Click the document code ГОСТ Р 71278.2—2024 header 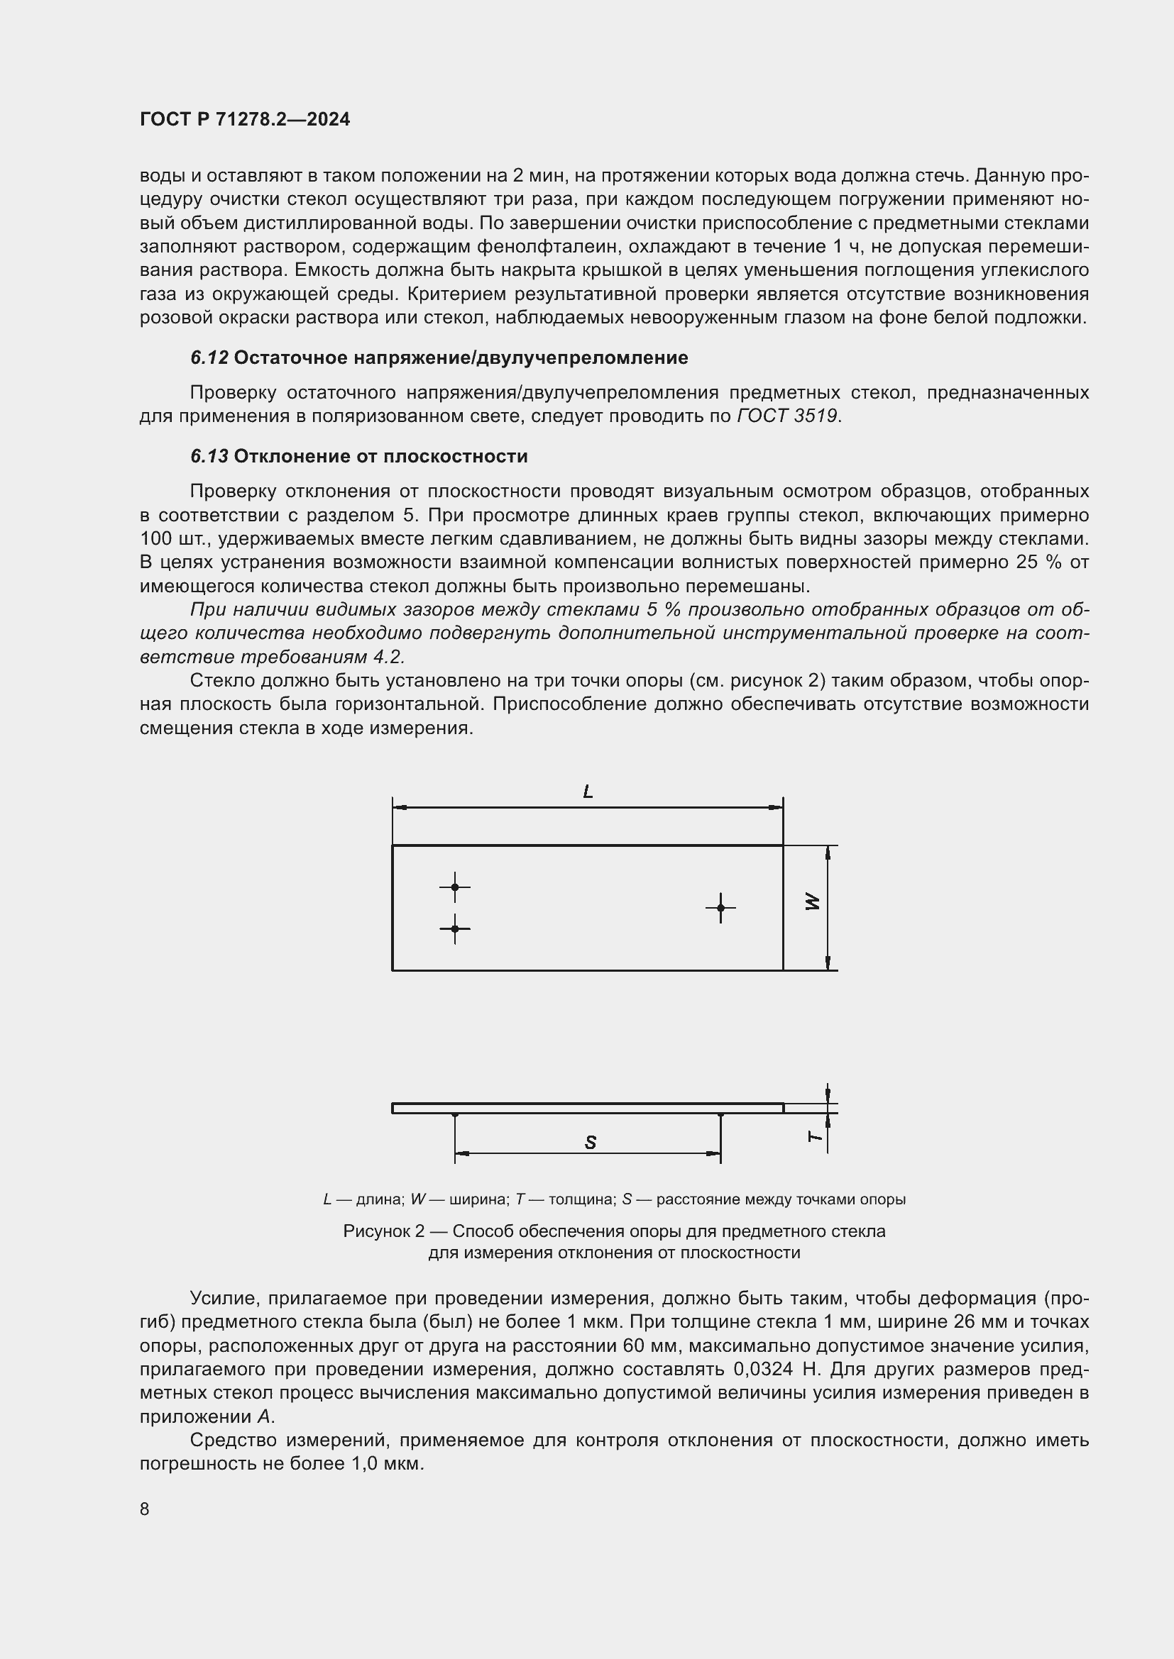(x=244, y=119)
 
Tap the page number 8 (x=145, y=1509)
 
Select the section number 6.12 (x=209, y=357)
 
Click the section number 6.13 (x=209, y=456)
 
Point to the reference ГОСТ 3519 (x=787, y=416)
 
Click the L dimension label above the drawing (x=588, y=792)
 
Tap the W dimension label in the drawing (x=813, y=901)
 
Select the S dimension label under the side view (x=590, y=1143)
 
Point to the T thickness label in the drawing (x=815, y=1136)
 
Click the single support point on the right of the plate (x=720, y=908)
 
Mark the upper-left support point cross (x=455, y=887)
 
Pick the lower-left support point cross (x=455, y=928)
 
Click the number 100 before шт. (x=155, y=539)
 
